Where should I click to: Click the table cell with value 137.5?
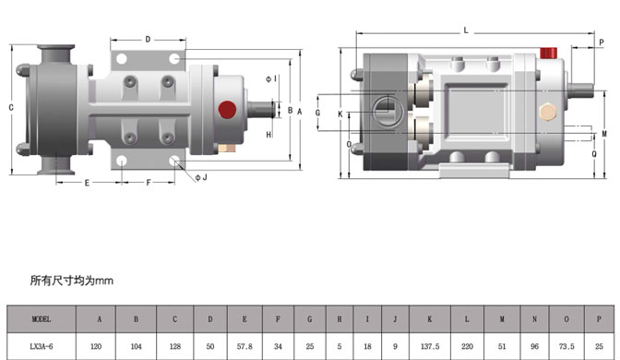[x=430, y=346]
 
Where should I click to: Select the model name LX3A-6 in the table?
[x=42, y=346]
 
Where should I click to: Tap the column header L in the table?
[x=467, y=318]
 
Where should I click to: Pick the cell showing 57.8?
[x=244, y=346]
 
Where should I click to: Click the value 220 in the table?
[x=467, y=346]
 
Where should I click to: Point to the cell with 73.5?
[x=566, y=346]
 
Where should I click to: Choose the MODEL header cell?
[x=42, y=318]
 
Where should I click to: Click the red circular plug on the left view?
[x=227, y=110]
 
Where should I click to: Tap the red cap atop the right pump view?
[x=548, y=53]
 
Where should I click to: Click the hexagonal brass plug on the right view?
[x=548, y=112]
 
